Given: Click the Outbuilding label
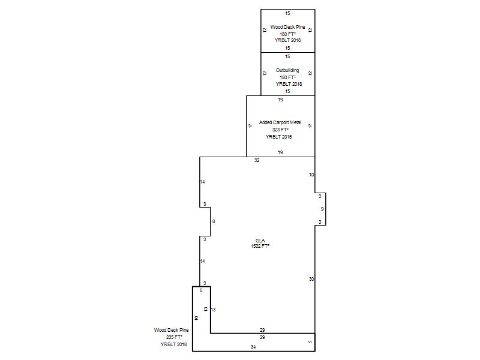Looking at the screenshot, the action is [x=287, y=70].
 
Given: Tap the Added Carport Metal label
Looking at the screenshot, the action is [x=280, y=122].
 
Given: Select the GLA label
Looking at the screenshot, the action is [x=260, y=241].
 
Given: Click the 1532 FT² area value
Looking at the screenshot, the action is [x=260, y=246].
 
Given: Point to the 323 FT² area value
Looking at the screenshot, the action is [x=280, y=130].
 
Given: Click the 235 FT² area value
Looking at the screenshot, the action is [x=174, y=337].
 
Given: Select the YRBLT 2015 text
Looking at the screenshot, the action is [x=278, y=137].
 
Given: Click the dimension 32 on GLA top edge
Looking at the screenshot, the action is [x=257, y=160].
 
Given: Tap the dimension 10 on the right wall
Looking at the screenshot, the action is [x=311, y=175].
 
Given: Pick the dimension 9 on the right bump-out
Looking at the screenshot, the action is [x=322, y=209].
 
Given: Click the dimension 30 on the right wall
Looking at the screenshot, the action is [x=311, y=279].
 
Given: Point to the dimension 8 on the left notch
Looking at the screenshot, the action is [x=214, y=221].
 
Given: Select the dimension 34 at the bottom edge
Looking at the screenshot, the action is [x=253, y=347].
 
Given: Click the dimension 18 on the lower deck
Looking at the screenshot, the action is [x=196, y=318].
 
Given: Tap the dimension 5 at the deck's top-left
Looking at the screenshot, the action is [x=201, y=290].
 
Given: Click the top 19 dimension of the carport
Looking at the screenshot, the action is [x=280, y=100].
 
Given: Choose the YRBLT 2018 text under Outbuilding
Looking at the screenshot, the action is [x=289, y=84].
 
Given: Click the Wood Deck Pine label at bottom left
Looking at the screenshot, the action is [x=172, y=330].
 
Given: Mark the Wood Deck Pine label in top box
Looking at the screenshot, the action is [x=288, y=27].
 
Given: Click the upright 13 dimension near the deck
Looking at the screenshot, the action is [x=213, y=310].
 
